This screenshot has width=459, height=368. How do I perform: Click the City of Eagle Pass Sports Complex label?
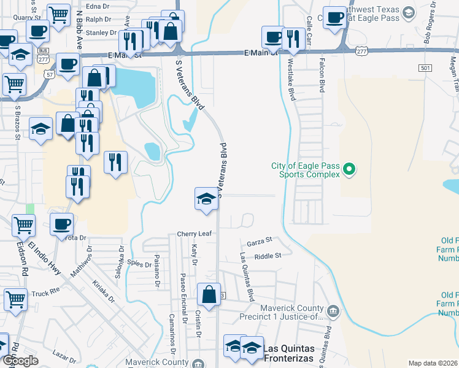306,170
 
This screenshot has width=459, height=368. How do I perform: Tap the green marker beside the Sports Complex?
349,168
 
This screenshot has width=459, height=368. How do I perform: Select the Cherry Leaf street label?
194,234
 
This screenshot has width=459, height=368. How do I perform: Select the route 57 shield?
48,73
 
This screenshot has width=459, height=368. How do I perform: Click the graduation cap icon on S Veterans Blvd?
206,199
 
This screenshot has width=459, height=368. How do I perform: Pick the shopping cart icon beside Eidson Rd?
16,300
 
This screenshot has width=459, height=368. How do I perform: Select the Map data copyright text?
433,363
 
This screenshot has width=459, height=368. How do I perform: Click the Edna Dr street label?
97,7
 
